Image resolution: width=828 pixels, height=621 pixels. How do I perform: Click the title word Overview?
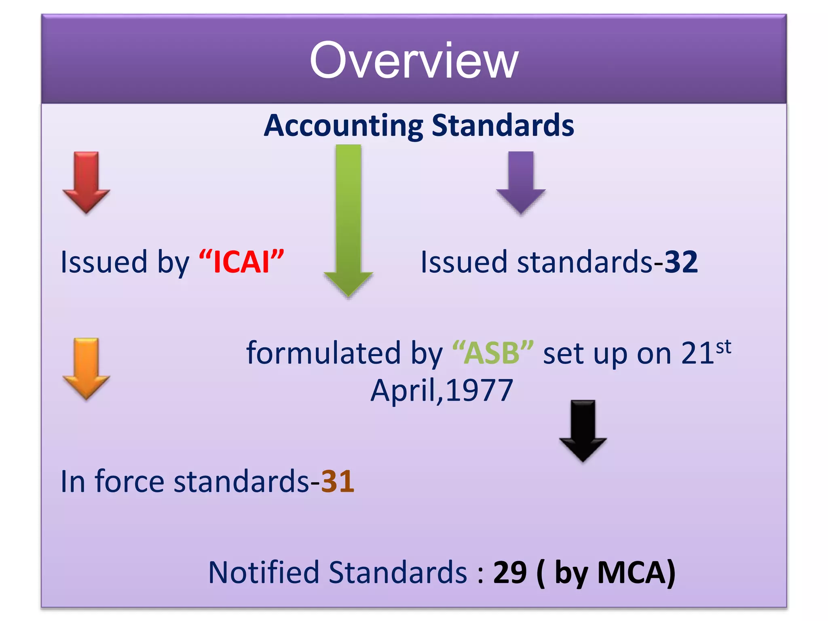pyautogui.click(x=414, y=61)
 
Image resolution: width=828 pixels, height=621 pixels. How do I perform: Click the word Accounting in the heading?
pyautogui.click(x=343, y=126)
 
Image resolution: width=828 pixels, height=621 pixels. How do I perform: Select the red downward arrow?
pyautogui.click(x=86, y=182)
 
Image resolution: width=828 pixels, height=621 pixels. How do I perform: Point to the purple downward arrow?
pyautogui.click(x=521, y=182)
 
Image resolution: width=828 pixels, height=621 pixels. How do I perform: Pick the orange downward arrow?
pyautogui.click(x=86, y=368)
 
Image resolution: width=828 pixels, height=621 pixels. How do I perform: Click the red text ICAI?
pyautogui.click(x=241, y=262)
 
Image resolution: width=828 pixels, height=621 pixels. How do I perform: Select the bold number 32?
pyautogui.click(x=681, y=262)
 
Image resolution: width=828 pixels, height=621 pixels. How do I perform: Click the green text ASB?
pyautogui.click(x=492, y=353)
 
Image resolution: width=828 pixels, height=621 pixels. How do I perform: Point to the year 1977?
pyautogui.click(x=479, y=391)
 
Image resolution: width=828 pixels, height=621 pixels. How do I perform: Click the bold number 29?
pyautogui.click(x=510, y=572)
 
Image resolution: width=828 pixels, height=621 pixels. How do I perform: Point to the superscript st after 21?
pyautogui.click(x=724, y=347)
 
